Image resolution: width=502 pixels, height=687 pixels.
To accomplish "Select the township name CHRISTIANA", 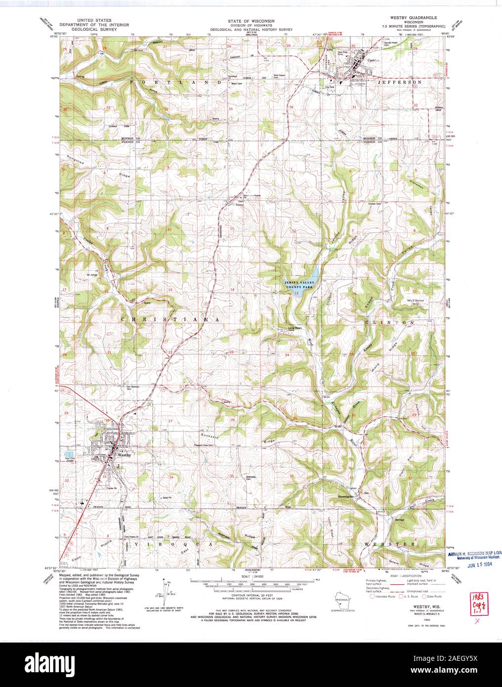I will (x=170, y=320).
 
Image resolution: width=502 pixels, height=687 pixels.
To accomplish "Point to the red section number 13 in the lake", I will (x=296, y=294).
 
